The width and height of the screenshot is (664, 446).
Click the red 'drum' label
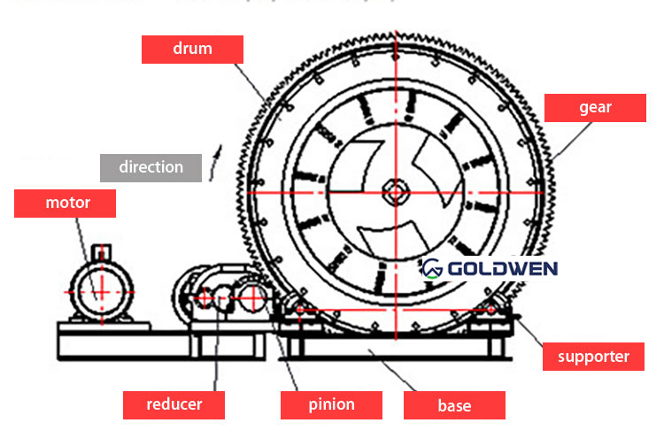[192, 49]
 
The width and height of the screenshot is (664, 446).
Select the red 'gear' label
[595, 108]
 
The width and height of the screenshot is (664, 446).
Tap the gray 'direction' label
[151, 167]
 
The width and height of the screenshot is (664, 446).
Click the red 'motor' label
[67, 203]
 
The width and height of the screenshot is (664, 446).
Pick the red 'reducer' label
[174, 404]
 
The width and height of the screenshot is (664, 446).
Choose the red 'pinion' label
[331, 404]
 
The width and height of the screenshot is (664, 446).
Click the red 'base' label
[454, 406]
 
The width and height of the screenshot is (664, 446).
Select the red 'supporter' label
[592, 358]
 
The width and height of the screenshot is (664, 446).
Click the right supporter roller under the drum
[492, 310]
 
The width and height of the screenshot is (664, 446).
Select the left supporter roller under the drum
[298, 310]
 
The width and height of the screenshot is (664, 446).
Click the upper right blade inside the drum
[436, 159]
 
